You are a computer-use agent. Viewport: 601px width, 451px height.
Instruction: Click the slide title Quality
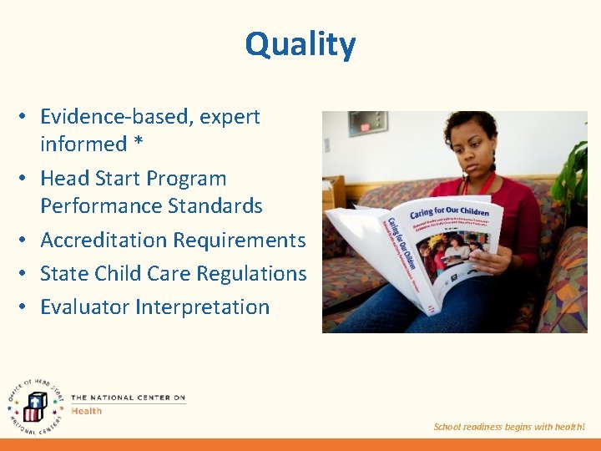[300, 44]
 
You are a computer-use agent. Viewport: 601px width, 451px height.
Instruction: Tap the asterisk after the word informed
[138, 144]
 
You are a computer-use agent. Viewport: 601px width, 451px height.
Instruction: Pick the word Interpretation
[203, 307]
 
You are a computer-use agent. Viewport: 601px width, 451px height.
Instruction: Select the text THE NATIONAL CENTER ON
[128, 398]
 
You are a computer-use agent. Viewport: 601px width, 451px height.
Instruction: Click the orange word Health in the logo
[87, 411]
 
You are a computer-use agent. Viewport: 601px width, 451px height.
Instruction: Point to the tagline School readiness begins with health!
[509, 427]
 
